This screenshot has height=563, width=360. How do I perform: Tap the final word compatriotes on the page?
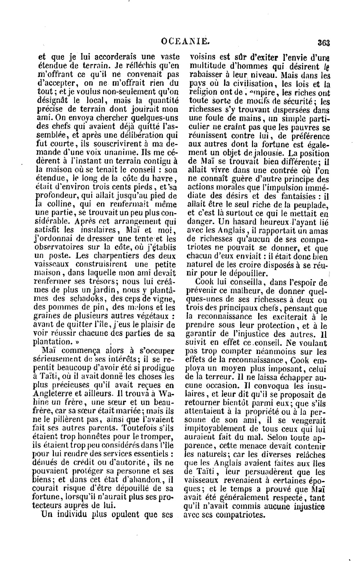pyautogui.click(x=242, y=515)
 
